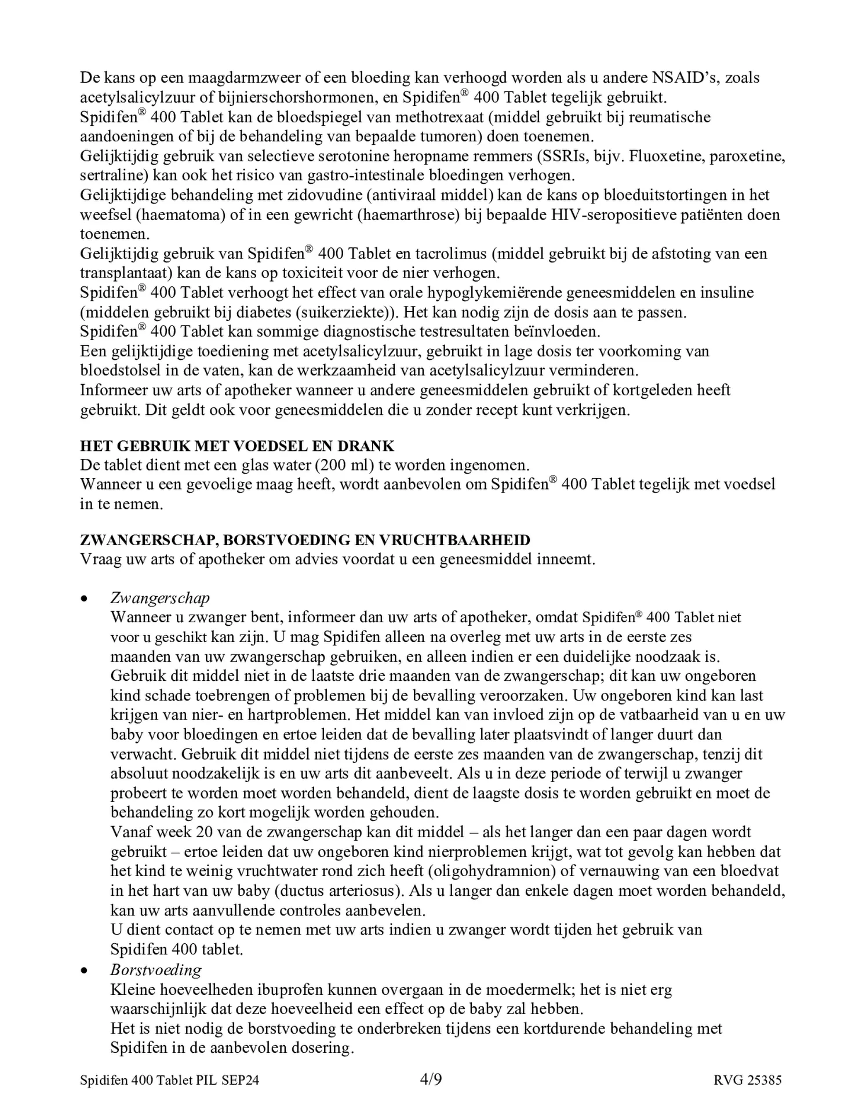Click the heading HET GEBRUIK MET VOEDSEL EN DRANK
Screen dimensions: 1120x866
point(237,446)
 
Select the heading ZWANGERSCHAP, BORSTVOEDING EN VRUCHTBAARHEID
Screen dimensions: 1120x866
point(305,540)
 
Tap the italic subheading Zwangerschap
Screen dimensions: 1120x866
point(160,598)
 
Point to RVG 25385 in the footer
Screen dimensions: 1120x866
point(748,1080)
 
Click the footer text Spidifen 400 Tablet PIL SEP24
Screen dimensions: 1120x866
point(170,1080)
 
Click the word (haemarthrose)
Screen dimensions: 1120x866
point(408,215)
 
